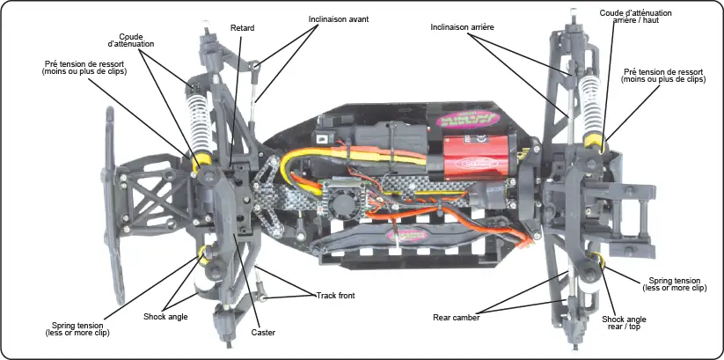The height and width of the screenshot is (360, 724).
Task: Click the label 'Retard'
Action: point(242,28)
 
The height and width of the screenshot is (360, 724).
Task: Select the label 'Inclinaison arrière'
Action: point(462,27)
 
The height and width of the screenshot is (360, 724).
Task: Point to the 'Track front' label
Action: point(335,295)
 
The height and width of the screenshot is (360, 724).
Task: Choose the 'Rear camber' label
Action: point(457,317)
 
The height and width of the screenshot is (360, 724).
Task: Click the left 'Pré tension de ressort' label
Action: point(84,67)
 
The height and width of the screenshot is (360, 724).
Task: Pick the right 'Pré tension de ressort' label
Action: point(664,75)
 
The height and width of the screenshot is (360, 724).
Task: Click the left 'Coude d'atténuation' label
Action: point(131,40)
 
